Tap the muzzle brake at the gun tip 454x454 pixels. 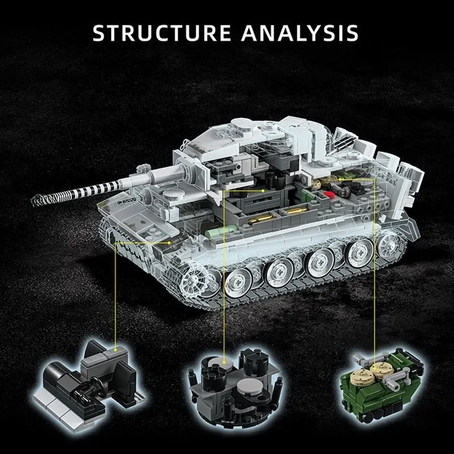38,199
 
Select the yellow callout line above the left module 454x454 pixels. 116,295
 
